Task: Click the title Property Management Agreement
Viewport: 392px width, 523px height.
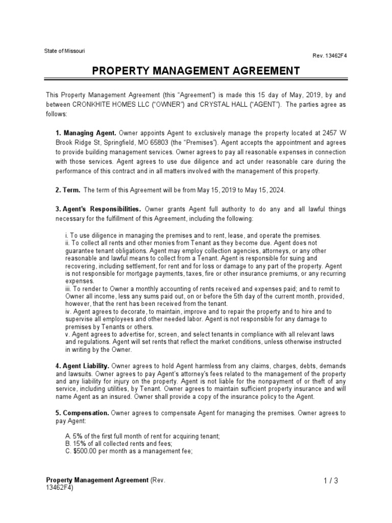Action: (x=196, y=70)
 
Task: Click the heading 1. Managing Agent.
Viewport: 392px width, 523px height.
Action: (x=86, y=133)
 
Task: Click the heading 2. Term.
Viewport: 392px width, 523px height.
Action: (x=67, y=190)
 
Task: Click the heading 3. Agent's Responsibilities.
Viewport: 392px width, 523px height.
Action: (x=98, y=209)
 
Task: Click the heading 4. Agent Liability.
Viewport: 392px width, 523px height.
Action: (x=82, y=366)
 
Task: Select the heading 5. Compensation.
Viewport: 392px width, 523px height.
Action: (x=82, y=412)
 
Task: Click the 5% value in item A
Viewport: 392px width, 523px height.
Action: (x=78, y=436)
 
